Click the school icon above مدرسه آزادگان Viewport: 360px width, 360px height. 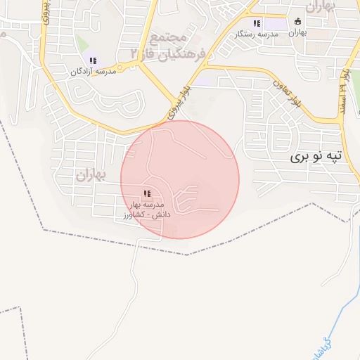[x=93, y=60]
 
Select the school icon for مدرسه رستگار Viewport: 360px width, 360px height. [x=257, y=23]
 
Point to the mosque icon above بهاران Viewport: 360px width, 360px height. [x=298, y=21]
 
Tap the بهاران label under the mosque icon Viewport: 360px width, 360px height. [x=298, y=32]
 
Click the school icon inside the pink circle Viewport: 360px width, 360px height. [x=146, y=193]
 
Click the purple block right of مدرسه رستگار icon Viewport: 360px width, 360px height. [x=276, y=24]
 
